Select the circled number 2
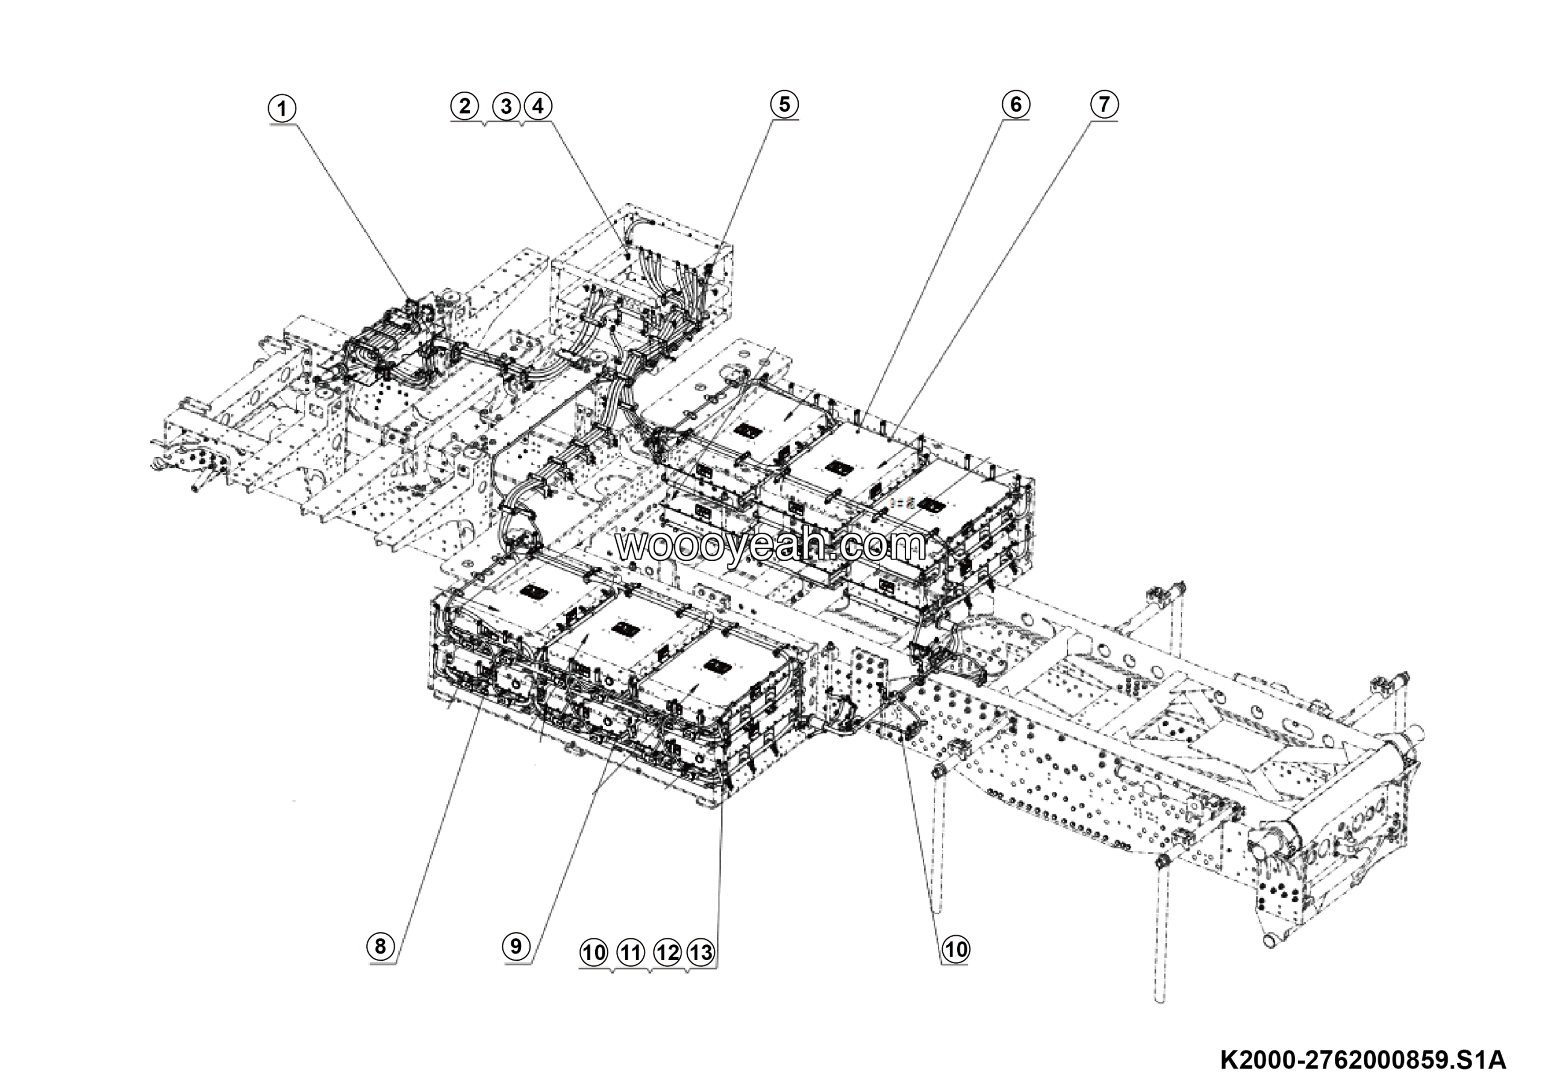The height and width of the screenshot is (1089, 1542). pyautogui.click(x=465, y=106)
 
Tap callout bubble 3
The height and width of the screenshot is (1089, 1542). pyautogui.click(x=506, y=106)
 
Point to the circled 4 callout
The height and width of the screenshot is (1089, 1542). pyautogui.click(x=538, y=106)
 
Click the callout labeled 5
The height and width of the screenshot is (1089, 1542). pyautogui.click(x=784, y=105)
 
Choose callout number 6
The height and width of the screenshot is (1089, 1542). pyautogui.click(x=1016, y=105)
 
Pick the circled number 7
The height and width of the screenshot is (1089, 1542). pyautogui.click(x=1104, y=105)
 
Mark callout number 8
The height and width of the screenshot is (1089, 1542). pyautogui.click(x=381, y=947)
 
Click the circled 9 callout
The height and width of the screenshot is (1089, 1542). pyautogui.click(x=516, y=947)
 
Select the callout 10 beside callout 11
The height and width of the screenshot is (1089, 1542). pyautogui.click(x=594, y=952)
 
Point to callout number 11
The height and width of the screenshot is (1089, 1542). pyautogui.click(x=630, y=952)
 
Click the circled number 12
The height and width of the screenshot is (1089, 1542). pyautogui.click(x=666, y=952)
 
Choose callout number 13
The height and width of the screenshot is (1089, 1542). pyautogui.click(x=701, y=952)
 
